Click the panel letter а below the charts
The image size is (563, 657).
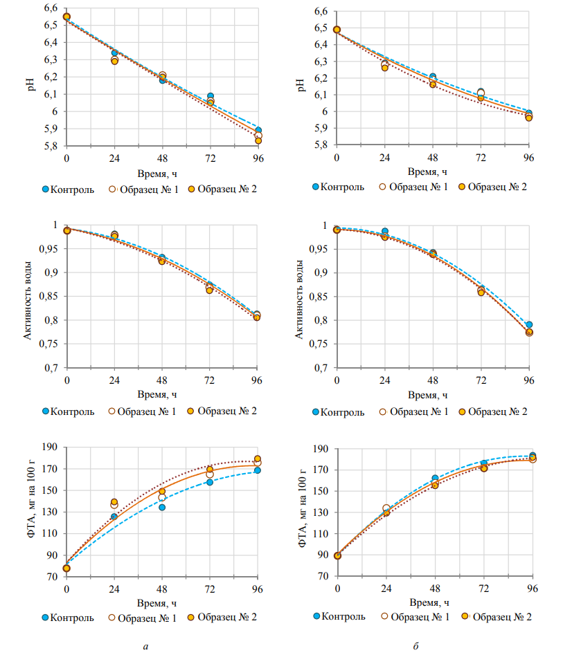pyautogui.click(x=145, y=646)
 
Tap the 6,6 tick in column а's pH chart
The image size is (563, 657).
pyautogui.click(x=50, y=8)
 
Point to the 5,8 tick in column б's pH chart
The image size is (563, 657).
pyautogui.click(x=320, y=145)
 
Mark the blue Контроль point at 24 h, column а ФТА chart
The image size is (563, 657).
pyautogui.click(x=114, y=517)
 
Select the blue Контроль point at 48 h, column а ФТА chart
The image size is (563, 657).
pyautogui.click(x=162, y=508)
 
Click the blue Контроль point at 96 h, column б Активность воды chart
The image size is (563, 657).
pyautogui.click(x=529, y=324)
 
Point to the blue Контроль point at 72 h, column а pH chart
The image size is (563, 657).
pyautogui.click(x=210, y=97)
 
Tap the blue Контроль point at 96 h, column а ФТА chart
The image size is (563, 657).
pyautogui.click(x=258, y=470)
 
